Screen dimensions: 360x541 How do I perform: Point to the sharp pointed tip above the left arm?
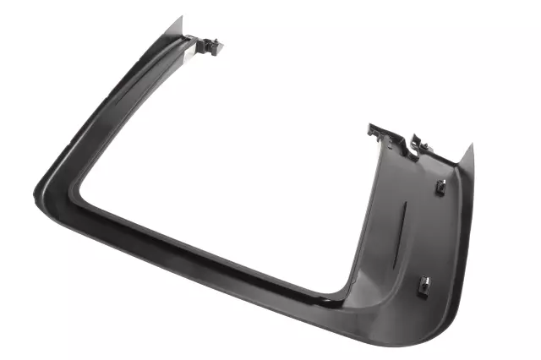tap(180, 19)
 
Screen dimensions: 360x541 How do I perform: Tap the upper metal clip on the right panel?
tap(440, 186)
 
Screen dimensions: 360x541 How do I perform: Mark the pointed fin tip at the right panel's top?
tap(470, 145)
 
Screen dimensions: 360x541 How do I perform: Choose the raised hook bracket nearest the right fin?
tap(417, 141)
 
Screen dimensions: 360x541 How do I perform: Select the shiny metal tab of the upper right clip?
tap(442, 184)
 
